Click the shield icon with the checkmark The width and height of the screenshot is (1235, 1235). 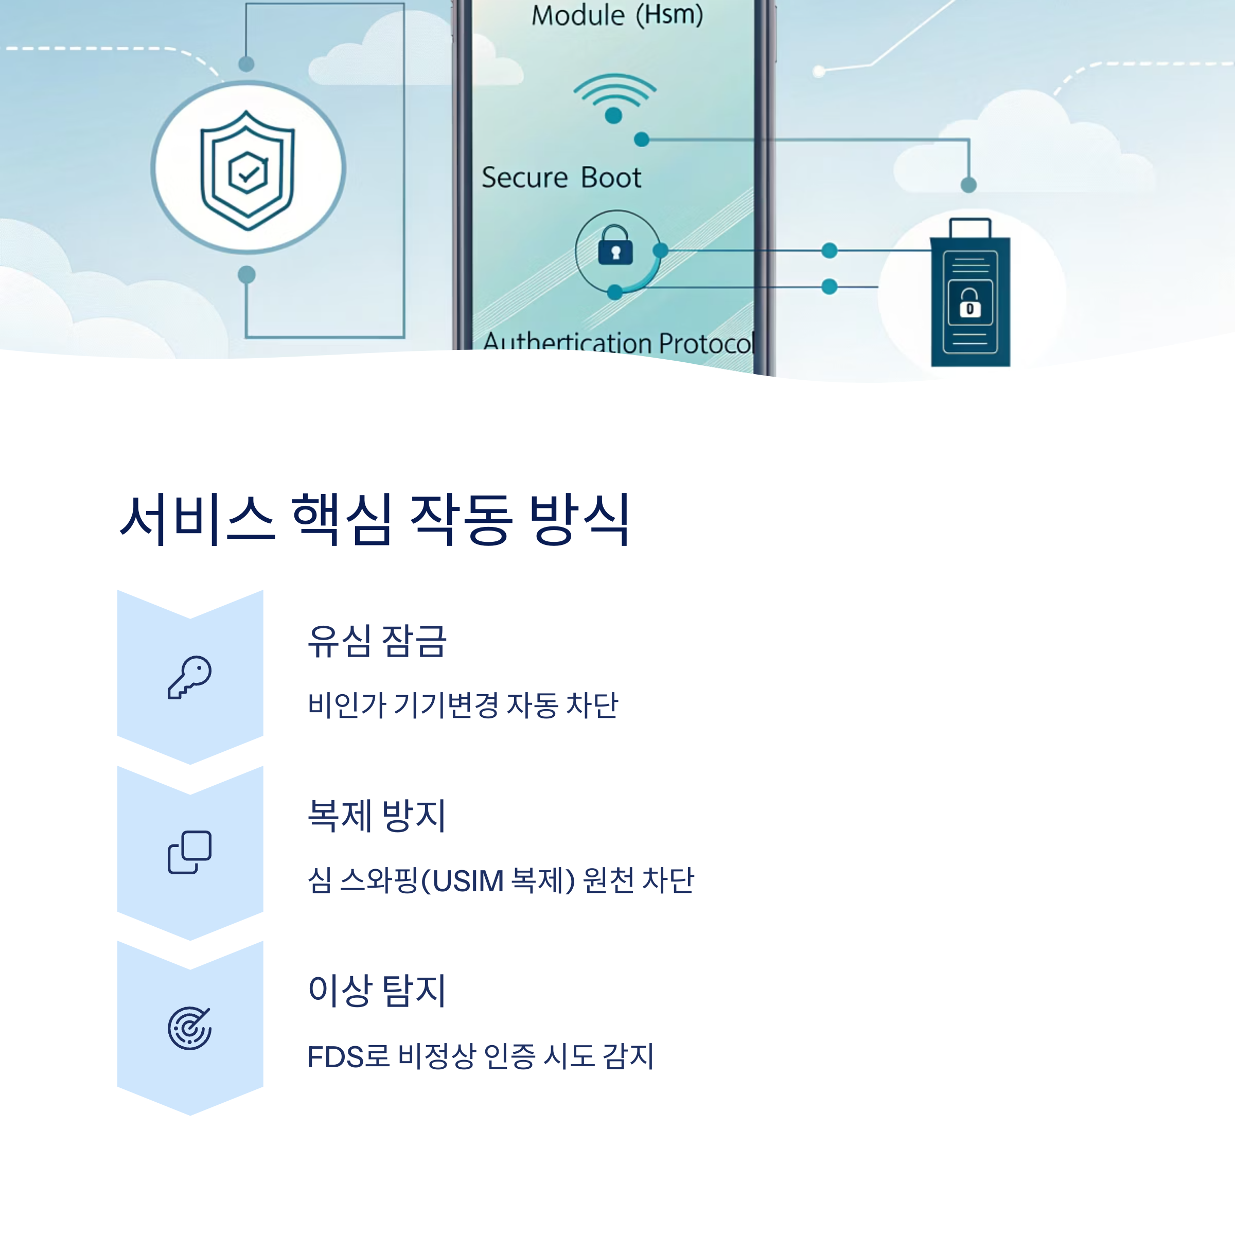[x=248, y=169]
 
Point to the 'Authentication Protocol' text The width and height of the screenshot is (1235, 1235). [x=617, y=343]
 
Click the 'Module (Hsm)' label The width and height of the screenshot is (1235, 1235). [x=617, y=15]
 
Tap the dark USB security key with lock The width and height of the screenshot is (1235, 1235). [x=969, y=294]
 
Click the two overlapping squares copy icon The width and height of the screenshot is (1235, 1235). [x=190, y=852]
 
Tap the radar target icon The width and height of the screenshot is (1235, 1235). [x=190, y=1027]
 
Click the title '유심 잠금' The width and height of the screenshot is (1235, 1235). [x=377, y=641]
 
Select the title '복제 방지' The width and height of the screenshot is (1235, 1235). [x=377, y=816]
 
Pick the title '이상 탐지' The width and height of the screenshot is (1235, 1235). [x=377, y=991]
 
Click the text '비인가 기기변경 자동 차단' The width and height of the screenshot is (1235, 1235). [x=463, y=705]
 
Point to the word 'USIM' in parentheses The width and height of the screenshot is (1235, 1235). [x=468, y=881]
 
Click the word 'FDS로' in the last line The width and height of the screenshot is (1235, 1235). [x=348, y=1056]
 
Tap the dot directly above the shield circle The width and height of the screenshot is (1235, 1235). [x=246, y=64]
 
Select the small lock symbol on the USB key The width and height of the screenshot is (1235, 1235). [x=969, y=303]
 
